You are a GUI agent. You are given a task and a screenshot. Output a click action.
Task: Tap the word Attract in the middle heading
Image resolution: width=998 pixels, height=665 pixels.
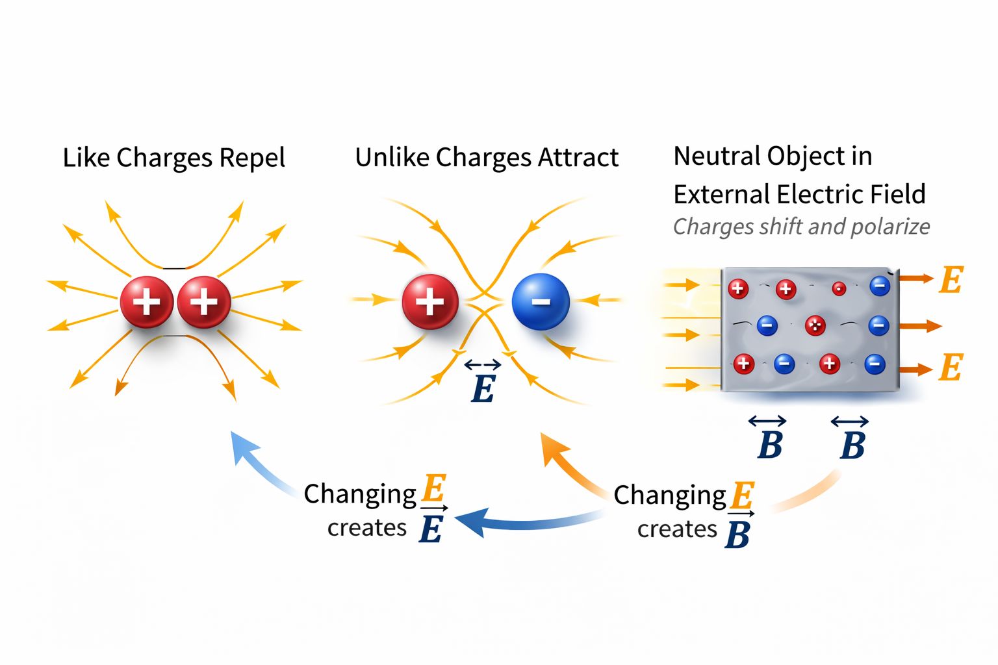tap(572, 158)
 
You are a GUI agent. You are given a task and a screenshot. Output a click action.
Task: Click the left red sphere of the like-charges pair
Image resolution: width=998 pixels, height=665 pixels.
tap(147, 302)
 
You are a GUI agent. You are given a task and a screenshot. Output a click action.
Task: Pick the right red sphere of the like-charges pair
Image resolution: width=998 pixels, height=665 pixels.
tap(204, 302)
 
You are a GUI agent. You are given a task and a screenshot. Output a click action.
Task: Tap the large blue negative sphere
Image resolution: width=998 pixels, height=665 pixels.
tap(541, 301)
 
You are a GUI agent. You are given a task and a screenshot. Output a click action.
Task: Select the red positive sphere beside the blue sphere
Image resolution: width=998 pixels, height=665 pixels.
tap(429, 302)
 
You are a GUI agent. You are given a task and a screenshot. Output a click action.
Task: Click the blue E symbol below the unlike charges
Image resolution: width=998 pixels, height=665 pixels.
tap(483, 388)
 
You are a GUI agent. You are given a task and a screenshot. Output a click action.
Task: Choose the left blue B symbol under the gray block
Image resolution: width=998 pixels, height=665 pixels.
tap(769, 445)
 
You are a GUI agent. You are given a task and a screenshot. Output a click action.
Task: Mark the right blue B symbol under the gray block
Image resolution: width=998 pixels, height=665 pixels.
tap(852, 445)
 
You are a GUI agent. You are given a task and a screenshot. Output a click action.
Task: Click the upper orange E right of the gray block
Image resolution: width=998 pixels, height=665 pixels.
tap(951, 280)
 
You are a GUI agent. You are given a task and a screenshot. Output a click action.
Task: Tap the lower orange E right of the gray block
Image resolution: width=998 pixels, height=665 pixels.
tap(951, 368)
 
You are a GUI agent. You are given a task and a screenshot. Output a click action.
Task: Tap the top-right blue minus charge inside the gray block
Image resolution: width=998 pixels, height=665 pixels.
tap(880, 286)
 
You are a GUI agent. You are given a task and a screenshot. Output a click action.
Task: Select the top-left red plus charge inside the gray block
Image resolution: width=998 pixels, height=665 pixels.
tap(737, 288)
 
